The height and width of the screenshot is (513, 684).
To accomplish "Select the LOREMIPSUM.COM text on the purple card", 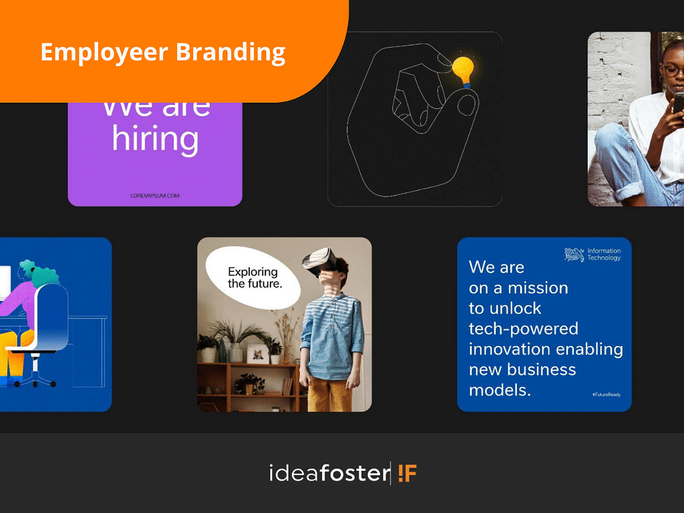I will click(155, 196).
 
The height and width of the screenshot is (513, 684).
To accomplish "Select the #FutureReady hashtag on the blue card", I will click(606, 395).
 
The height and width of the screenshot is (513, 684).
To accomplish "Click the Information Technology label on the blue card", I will click(604, 254).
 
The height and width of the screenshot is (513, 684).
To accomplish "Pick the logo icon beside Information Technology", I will click(574, 254).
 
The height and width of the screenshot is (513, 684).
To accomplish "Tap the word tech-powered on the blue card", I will click(523, 329).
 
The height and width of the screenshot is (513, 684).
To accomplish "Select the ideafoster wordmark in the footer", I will click(328, 474).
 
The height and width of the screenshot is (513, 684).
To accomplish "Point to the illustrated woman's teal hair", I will click(40, 273).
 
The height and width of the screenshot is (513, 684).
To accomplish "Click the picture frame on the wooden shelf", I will click(256, 354).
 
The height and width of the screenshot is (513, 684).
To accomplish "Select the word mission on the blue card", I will click(537, 288).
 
